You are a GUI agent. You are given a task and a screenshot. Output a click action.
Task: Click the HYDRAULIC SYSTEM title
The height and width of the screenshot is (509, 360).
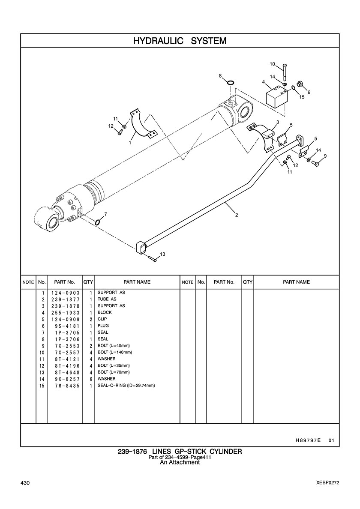tap(180, 41)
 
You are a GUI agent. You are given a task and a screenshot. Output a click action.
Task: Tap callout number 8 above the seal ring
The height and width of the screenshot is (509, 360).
tap(220, 76)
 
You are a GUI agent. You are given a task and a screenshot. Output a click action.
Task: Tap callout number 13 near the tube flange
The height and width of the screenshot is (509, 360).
tap(162, 254)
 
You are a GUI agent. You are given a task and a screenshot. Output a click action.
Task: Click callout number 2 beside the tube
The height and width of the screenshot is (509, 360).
tap(236, 215)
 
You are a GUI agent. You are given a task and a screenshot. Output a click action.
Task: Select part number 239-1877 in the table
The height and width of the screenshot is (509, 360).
tap(66, 299)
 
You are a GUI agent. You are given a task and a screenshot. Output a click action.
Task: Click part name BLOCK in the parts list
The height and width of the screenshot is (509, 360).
tap(105, 312)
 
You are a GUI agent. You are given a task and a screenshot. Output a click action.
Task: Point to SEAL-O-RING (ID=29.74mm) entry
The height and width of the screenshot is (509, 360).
tap(126, 386)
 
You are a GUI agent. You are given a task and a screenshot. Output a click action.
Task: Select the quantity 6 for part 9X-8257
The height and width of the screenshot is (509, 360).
tap(91, 379)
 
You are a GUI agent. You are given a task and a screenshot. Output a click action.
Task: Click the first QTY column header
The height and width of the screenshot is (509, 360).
tap(88, 282)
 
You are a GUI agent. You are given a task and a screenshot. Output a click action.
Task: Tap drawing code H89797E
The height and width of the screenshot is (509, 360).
tap(308, 440)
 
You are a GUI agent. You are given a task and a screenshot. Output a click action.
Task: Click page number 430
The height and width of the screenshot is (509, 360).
tap(25, 483)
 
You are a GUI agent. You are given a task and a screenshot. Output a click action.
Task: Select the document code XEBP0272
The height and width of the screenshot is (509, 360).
tap(327, 483)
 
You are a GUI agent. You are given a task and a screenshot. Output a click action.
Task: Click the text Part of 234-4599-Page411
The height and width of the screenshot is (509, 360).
tap(180, 458)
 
